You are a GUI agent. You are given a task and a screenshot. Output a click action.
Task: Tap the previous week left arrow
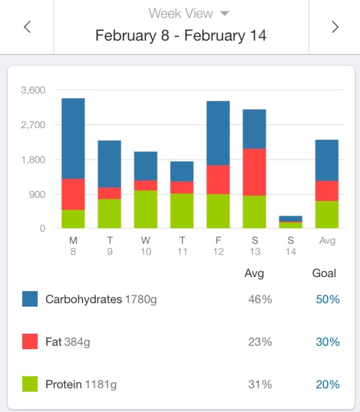(27, 27)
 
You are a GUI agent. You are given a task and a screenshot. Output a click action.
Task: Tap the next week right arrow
(335, 27)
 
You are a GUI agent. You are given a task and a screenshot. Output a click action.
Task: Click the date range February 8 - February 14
(181, 36)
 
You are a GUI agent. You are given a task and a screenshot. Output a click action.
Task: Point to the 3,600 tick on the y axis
(33, 90)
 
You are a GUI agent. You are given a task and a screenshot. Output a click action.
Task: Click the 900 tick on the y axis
(37, 194)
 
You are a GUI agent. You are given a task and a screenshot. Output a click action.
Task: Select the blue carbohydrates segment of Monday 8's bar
(73, 138)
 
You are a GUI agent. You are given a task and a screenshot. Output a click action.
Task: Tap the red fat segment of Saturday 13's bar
(254, 172)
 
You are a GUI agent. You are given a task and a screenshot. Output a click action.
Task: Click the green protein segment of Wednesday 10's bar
(145, 209)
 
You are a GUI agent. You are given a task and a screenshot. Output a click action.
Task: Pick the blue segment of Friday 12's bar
(218, 133)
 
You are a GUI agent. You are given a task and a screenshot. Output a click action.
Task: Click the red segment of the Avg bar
(327, 191)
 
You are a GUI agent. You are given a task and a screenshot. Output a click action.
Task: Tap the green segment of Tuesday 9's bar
(109, 214)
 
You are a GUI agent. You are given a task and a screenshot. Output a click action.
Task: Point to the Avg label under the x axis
(327, 240)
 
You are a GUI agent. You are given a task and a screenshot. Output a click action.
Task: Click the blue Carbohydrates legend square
(30, 299)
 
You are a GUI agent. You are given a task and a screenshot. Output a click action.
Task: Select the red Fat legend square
(30, 342)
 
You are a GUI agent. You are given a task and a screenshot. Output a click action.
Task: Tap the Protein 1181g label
(81, 385)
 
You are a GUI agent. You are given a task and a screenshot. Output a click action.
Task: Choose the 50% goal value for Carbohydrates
(328, 299)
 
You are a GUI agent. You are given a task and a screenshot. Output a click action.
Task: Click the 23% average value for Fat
(260, 342)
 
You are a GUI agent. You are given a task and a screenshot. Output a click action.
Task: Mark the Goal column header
(324, 273)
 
